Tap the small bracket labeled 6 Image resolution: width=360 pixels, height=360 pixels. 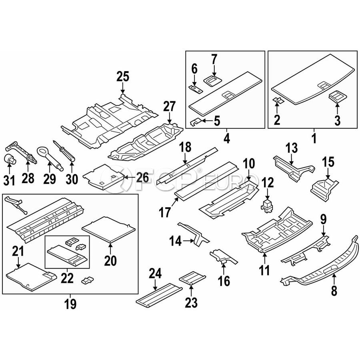pyautogui.click(x=195, y=88)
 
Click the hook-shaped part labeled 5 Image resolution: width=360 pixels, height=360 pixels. pyautogui.click(x=196, y=120)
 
